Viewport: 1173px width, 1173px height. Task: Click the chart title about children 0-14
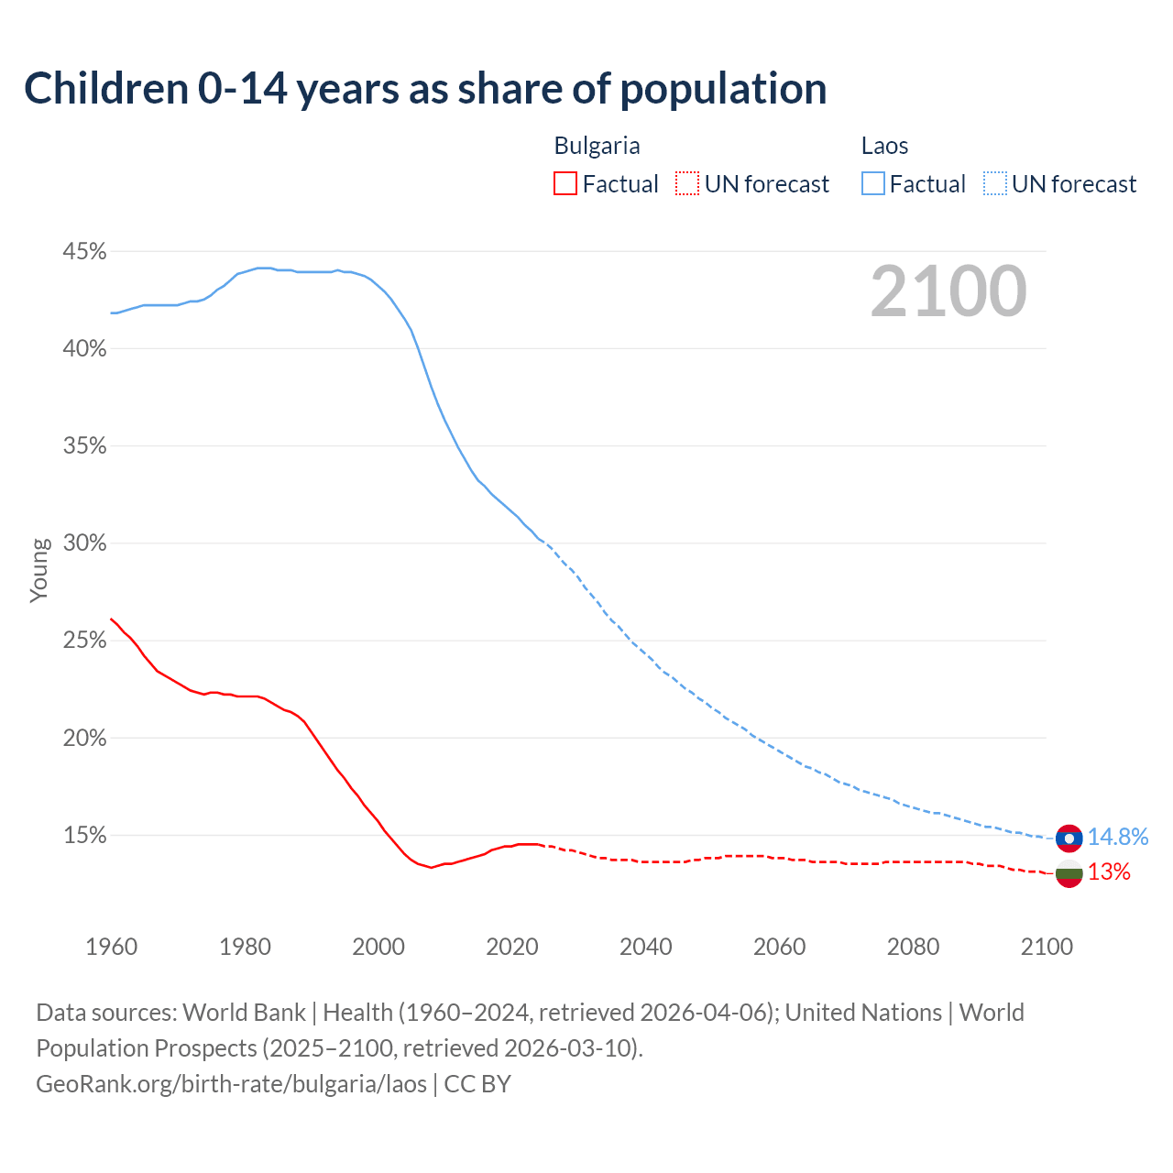(x=425, y=89)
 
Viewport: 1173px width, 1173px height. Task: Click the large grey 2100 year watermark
(x=948, y=291)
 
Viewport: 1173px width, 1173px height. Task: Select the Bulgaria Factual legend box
(x=565, y=184)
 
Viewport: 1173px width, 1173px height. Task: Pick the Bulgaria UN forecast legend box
(x=687, y=184)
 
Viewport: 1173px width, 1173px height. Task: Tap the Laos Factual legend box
(x=873, y=184)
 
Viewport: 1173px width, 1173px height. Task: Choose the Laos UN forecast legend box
(x=995, y=184)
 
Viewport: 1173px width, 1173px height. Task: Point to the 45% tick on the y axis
(x=84, y=251)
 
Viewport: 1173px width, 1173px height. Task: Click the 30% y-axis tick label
(x=84, y=543)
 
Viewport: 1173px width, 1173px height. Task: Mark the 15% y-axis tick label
(x=84, y=836)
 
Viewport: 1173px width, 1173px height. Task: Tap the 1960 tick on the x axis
(x=111, y=947)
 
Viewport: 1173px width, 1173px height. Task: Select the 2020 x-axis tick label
(x=512, y=947)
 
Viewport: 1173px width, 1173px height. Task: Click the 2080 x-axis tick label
(x=913, y=947)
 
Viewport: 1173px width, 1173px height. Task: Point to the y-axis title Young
(x=39, y=570)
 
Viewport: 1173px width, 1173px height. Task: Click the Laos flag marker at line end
(x=1069, y=838)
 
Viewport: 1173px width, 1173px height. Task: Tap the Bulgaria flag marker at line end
(x=1069, y=873)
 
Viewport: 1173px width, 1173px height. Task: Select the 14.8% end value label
(x=1118, y=837)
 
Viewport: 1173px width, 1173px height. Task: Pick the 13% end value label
(x=1109, y=872)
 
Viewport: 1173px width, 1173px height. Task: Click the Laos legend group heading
(x=884, y=146)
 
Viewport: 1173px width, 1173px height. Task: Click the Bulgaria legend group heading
(x=597, y=146)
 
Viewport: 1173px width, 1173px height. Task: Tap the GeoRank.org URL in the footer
(x=231, y=1084)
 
